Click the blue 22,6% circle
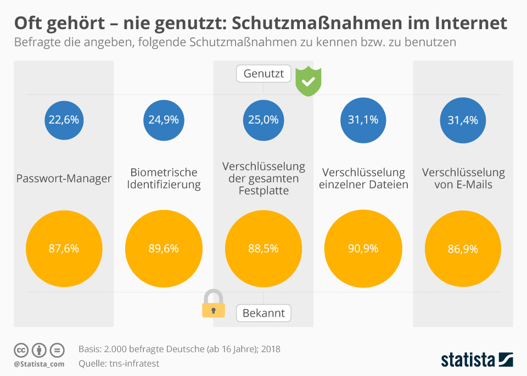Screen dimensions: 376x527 click(x=64, y=119)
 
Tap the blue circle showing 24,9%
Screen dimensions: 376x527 click(x=164, y=119)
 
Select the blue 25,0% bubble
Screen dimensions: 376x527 click(x=263, y=119)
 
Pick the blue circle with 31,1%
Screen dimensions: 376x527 click(x=363, y=119)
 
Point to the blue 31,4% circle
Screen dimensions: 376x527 click(x=463, y=119)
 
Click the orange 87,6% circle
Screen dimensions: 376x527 click(x=64, y=248)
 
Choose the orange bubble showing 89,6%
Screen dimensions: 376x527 click(x=164, y=248)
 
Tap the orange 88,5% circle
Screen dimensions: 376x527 click(x=263, y=248)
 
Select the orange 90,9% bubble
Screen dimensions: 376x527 click(x=363, y=248)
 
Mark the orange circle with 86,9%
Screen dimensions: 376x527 click(x=463, y=248)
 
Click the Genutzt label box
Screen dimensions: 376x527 click(x=263, y=74)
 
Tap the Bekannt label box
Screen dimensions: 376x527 click(x=263, y=313)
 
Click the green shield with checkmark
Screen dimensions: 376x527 click(x=309, y=81)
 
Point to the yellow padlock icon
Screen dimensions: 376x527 click(x=214, y=304)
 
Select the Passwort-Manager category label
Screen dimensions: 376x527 click(x=64, y=179)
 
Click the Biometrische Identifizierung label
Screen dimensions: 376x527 click(x=164, y=179)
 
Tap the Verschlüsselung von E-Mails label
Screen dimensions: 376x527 click(x=463, y=179)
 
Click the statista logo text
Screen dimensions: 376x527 click(x=468, y=360)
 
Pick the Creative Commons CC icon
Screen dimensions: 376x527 click(x=21, y=350)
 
